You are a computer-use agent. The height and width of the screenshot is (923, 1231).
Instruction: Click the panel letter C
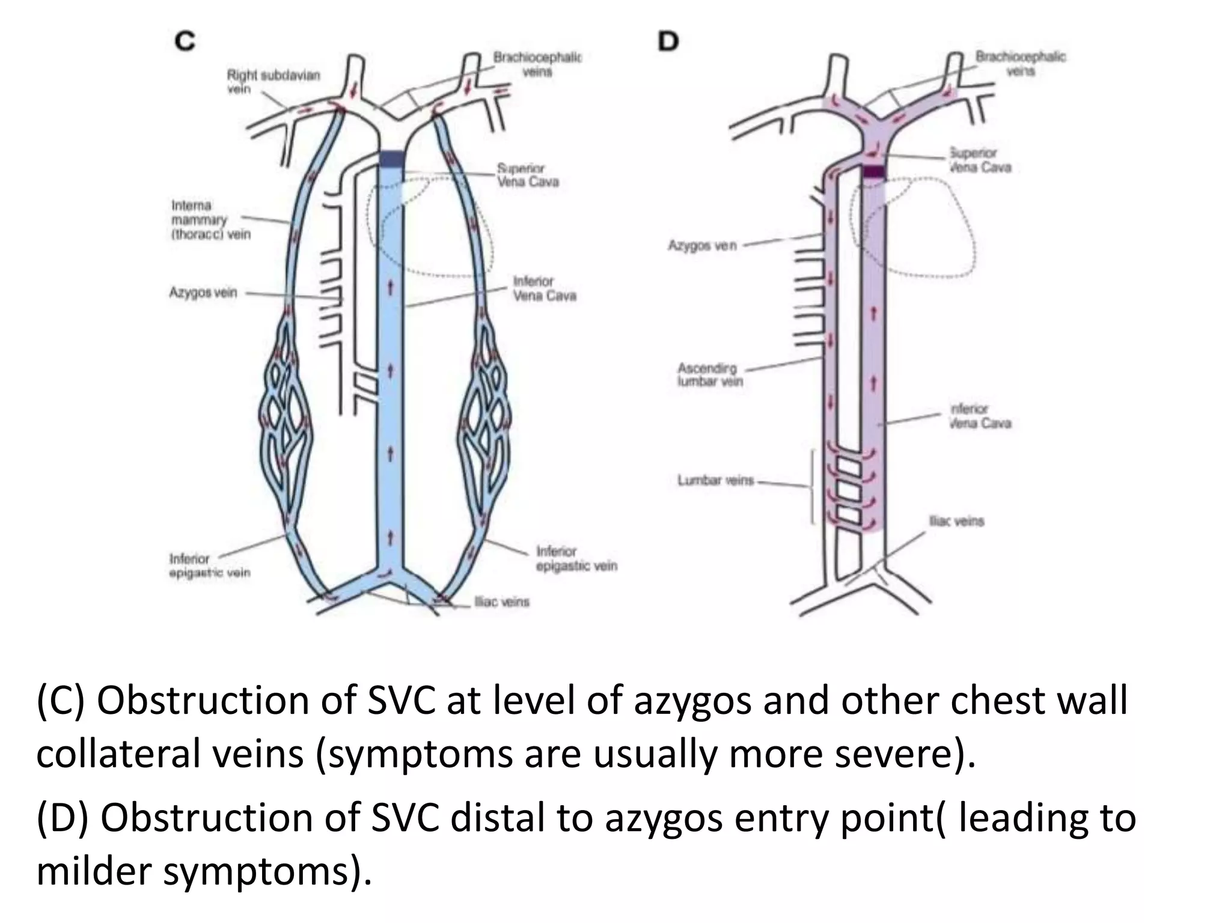tap(185, 41)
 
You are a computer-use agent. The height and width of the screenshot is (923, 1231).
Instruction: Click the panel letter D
tap(668, 41)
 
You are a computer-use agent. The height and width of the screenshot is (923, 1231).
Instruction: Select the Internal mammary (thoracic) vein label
tap(210, 220)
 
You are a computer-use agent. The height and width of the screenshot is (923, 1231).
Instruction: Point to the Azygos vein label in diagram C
tap(203, 293)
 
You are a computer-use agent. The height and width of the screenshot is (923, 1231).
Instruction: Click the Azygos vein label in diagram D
tap(701, 245)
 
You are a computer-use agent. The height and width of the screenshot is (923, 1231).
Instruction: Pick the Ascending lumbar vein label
tap(709, 374)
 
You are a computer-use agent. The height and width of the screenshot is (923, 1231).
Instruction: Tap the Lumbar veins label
tap(715, 480)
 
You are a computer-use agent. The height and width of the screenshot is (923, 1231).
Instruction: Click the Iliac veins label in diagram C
tap(502, 602)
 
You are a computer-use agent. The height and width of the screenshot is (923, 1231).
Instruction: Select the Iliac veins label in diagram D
tap(956, 521)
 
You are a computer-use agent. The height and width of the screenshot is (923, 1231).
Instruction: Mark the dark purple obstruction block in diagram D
tap(874, 171)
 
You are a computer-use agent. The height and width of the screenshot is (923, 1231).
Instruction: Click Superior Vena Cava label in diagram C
tap(527, 175)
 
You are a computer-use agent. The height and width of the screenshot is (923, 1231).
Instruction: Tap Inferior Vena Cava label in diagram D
tap(980, 416)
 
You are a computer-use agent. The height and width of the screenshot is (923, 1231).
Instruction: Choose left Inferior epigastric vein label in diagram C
tap(209, 565)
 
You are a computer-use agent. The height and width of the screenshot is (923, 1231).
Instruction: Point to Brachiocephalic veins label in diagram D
tap(1020, 64)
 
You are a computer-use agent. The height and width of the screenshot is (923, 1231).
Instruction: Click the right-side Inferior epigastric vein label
tap(576, 558)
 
